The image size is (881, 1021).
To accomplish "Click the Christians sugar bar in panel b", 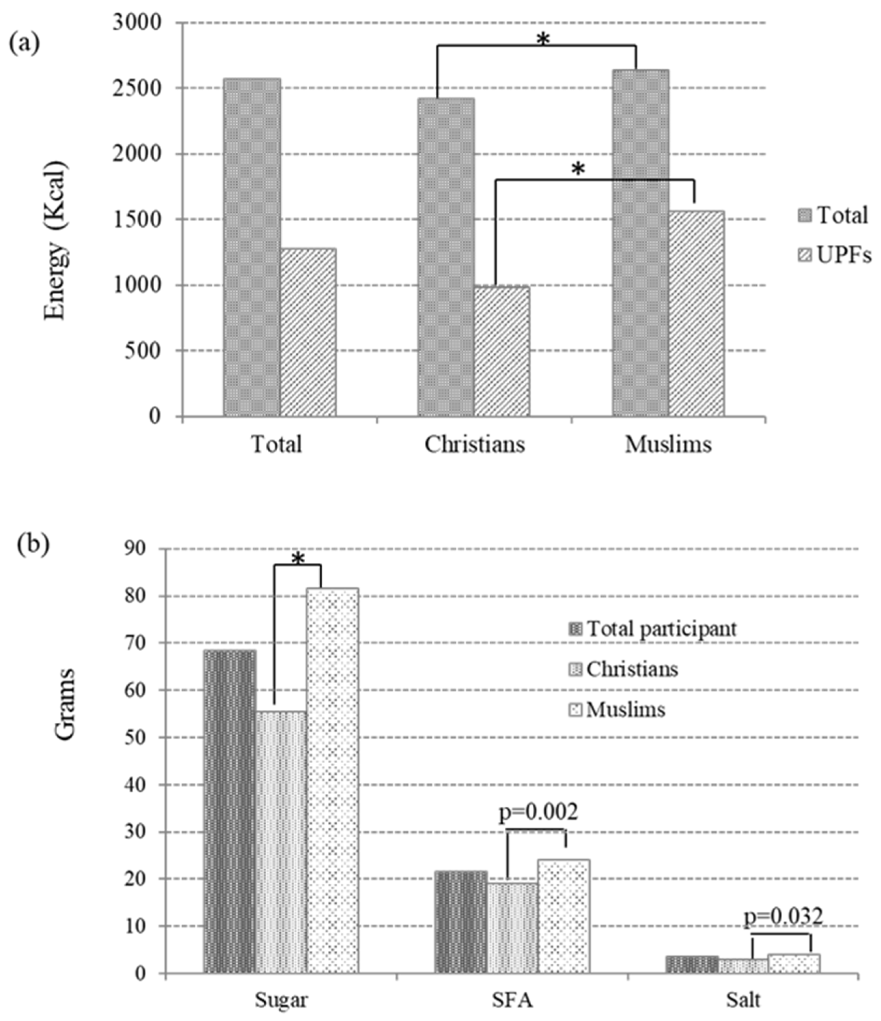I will click(x=281, y=842).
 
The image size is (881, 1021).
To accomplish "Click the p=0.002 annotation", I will click(x=538, y=812).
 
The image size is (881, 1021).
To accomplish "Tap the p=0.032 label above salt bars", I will click(x=783, y=917).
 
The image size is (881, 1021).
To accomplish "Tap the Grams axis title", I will click(x=64, y=704).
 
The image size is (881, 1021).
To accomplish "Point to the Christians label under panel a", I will click(x=475, y=444).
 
